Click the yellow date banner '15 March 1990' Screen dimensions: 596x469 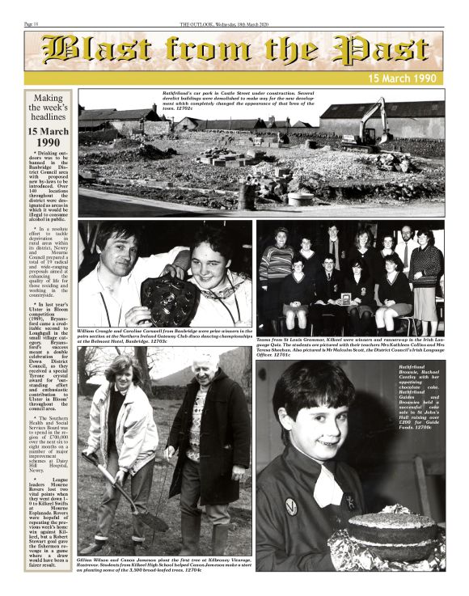[404, 78]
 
